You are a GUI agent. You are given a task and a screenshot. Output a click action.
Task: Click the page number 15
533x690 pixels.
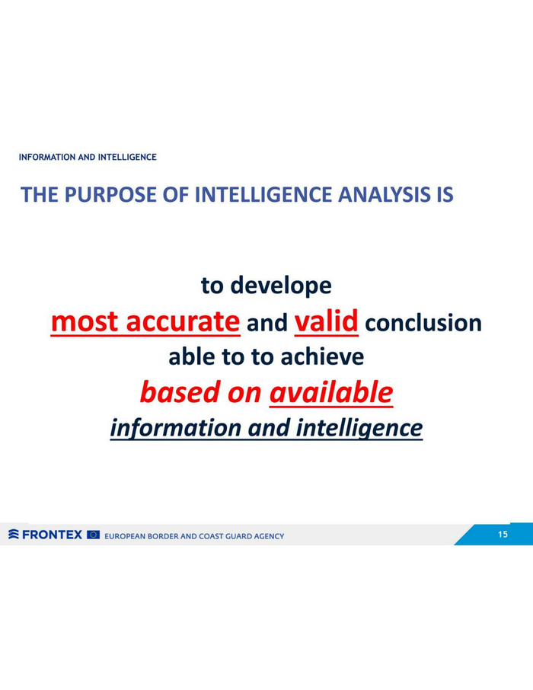coord(503,534)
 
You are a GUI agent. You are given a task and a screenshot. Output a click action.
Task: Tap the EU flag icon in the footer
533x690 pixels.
coord(94,535)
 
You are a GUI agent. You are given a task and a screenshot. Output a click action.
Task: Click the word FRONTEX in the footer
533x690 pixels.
coord(52,535)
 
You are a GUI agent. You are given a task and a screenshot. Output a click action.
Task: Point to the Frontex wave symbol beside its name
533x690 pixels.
coord(14,534)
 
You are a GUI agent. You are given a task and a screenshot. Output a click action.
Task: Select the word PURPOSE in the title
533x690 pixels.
coord(110,194)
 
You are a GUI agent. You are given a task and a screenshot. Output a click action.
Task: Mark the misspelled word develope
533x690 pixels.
coord(281,286)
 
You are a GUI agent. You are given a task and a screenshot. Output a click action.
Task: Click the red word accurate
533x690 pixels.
coord(183,321)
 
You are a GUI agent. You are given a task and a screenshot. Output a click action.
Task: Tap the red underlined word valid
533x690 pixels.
coord(326,321)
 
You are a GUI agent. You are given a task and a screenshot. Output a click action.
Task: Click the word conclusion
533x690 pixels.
coord(423,323)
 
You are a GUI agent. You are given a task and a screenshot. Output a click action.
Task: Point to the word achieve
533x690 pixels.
coord(322,357)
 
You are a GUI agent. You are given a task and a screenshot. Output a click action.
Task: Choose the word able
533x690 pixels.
coord(192,357)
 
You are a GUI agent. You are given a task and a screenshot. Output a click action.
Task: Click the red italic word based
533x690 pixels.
coord(180,392)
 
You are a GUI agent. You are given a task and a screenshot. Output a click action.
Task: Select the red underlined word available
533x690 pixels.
coord(331,392)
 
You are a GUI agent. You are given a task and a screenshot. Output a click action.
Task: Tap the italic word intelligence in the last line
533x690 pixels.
coord(359,428)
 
